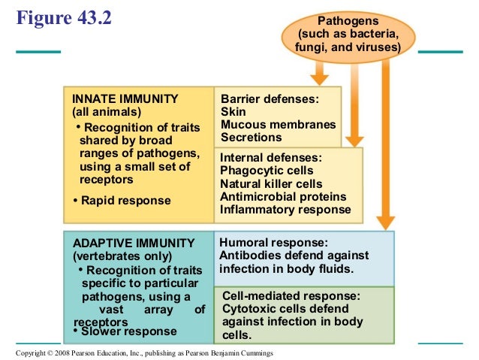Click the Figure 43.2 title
pyautogui.click(x=64, y=17)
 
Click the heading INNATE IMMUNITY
pyautogui.click(x=125, y=98)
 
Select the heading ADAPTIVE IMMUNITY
pyautogui.click(x=133, y=243)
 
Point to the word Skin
pyautogui.click(x=233, y=112)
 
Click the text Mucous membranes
pyautogui.click(x=278, y=125)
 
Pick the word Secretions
pyautogui.click(x=252, y=138)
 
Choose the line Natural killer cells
pyautogui.click(x=271, y=184)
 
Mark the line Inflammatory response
pyautogui.click(x=285, y=210)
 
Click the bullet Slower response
pyautogui.click(x=125, y=331)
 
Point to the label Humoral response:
pyautogui.click(x=273, y=243)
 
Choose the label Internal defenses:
pyautogui.click(x=271, y=158)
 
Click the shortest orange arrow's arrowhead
pyautogui.click(x=319, y=77)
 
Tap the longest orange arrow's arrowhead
pyautogui.click(x=386, y=222)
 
